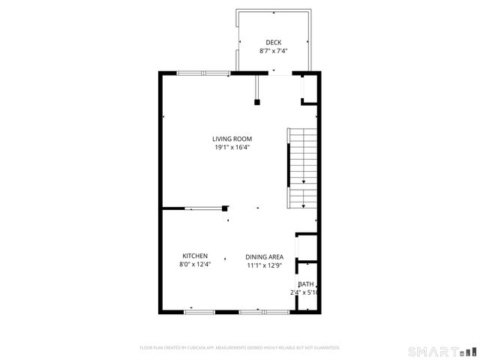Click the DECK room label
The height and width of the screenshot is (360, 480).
(x=274, y=42)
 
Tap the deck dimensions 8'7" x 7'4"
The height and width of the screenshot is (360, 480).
(x=274, y=51)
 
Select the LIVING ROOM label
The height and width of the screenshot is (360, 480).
(x=232, y=139)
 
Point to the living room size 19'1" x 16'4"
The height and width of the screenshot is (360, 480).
(x=232, y=148)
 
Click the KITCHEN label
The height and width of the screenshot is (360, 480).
(x=195, y=256)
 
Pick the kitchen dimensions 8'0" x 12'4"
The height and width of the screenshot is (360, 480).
(x=195, y=264)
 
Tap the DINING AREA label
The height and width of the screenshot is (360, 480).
(x=264, y=256)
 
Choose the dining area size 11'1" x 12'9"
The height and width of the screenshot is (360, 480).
(x=264, y=265)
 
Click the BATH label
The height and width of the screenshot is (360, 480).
(x=306, y=284)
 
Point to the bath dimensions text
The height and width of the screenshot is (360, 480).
(x=304, y=292)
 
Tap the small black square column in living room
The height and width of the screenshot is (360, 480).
(x=256, y=102)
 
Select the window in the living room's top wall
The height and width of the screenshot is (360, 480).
(x=204, y=73)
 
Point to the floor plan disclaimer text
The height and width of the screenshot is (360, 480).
(x=240, y=348)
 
